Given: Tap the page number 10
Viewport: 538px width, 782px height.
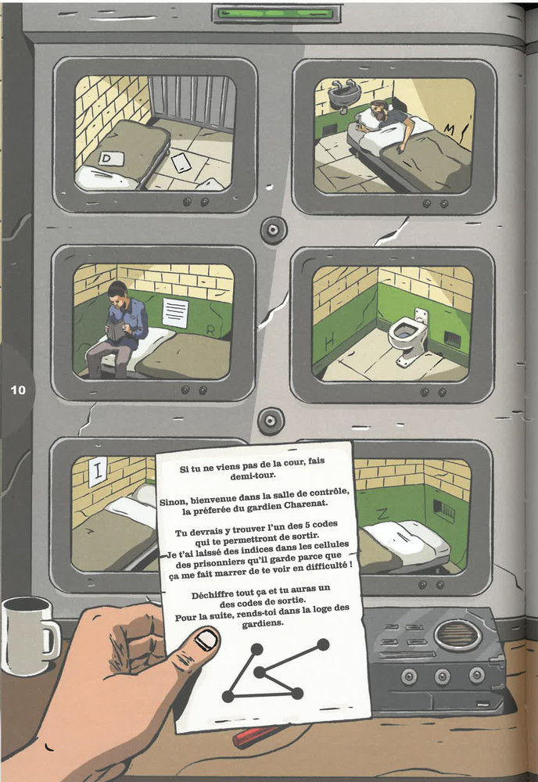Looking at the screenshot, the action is pos(18,389).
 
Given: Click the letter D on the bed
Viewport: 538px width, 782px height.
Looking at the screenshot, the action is pos(106,159).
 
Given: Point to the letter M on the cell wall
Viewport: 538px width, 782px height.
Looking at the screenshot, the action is pos(450,130).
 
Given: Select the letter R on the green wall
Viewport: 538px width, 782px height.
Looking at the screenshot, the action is pos(210,330).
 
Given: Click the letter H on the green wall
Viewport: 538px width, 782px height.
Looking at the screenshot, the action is pos(329,342).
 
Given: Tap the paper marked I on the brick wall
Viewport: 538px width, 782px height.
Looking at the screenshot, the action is pos(97,471).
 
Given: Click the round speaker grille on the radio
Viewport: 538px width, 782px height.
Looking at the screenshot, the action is pos(457,634).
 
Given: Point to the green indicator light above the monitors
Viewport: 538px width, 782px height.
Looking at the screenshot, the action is pos(276,14).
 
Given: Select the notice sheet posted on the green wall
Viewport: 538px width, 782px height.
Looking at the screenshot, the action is pos(175,313).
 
